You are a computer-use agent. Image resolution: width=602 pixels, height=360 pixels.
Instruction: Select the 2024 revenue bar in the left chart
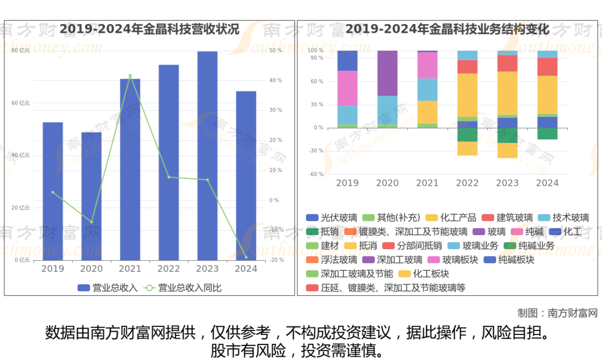(246, 176)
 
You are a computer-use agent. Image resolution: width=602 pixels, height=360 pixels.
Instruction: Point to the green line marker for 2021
(130, 76)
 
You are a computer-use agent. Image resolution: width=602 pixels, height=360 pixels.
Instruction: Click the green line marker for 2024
(246, 257)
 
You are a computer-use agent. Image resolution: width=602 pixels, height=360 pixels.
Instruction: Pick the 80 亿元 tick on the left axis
(21, 51)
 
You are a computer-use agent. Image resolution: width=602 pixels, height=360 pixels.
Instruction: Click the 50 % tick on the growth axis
(275, 51)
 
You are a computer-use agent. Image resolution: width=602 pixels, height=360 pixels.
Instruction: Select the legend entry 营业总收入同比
(183, 288)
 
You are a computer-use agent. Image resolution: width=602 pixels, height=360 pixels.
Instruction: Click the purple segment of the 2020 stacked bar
(387, 73)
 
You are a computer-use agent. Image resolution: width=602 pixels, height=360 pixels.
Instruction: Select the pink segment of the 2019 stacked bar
(347, 88)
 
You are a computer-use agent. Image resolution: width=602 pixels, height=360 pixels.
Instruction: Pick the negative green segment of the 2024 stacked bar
(547, 134)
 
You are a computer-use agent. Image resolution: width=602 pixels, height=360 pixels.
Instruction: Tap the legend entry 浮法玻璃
(333, 260)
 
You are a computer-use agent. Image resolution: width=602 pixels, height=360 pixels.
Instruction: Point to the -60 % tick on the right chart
(316, 174)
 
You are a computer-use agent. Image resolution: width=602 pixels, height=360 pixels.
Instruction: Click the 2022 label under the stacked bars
(467, 183)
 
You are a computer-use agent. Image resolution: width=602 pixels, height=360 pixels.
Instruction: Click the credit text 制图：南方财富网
(557, 313)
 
